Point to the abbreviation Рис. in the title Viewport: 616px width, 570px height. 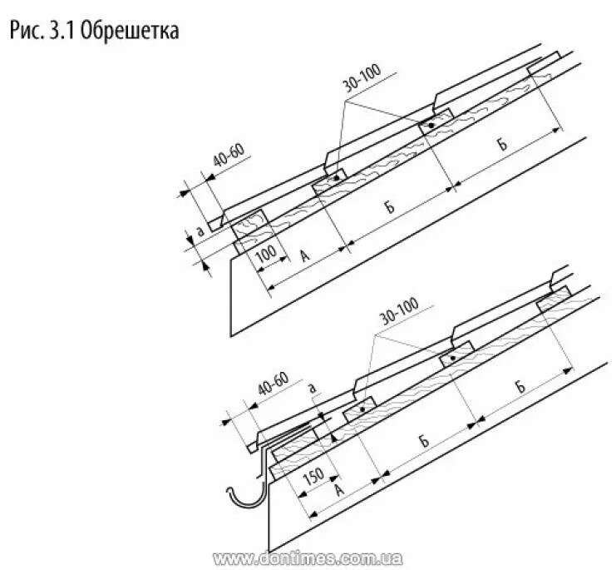click(x=32, y=32)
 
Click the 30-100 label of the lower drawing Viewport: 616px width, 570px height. click(x=402, y=312)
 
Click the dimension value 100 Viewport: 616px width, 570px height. click(x=265, y=253)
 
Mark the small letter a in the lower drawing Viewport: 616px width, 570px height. click(x=311, y=387)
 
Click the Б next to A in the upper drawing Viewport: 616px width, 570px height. click(x=390, y=207)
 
